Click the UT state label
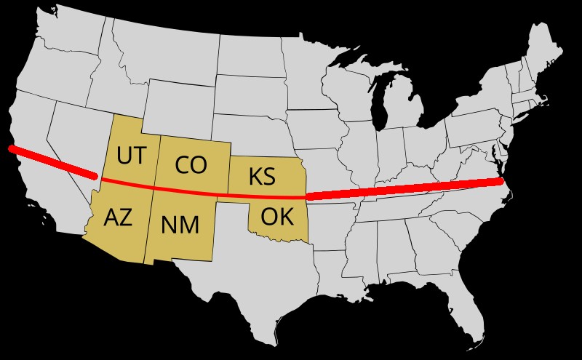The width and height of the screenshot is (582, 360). tap(131, 155)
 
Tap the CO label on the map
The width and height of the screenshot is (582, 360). tap(191, 165)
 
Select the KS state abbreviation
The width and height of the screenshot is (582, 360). tap(261, 176)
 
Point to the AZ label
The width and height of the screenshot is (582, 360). tap(118, 217)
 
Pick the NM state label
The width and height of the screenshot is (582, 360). tap(180, 225)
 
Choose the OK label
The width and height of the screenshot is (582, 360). tap(276, 216)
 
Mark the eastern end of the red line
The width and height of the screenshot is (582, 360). tap(501, 180)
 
